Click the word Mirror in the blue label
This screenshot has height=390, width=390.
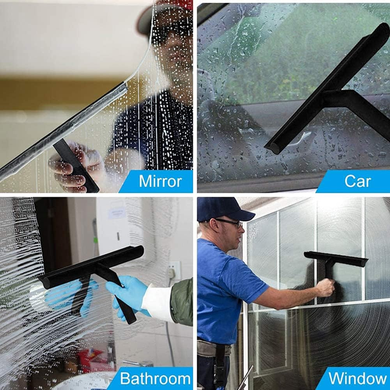160,181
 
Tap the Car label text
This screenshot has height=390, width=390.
357,181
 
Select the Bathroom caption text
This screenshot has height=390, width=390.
155,378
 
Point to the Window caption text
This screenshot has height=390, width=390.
357,378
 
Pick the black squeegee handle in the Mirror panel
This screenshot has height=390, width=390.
76,166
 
